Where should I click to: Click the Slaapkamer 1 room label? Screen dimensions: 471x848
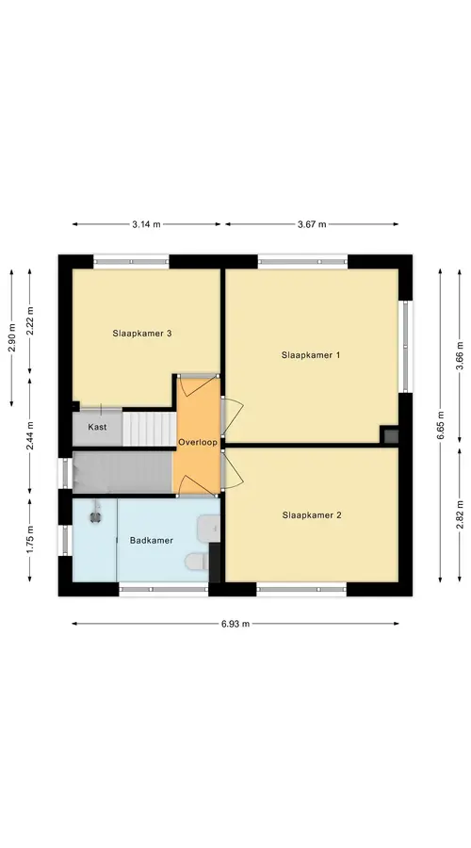(x=311, y=355)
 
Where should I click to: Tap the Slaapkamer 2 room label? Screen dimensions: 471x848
(x=312, y=515)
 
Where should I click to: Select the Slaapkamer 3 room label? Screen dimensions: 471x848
(x=142, y=334)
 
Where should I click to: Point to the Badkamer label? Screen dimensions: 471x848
(x=152, y=540)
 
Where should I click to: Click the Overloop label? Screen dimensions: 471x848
(x=198, y=443)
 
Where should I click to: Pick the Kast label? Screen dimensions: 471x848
(x=97, y=427)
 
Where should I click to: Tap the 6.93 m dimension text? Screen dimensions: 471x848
(x=235, y=624)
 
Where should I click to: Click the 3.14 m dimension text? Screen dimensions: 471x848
(x=146, y=224)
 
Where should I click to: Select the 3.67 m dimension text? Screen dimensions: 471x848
(x=312, y=224)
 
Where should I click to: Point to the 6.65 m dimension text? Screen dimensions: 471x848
(x=440, y=426)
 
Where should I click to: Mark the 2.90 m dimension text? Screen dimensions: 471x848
(x=11, y=337)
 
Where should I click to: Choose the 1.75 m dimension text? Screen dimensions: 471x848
(x=30, y=540)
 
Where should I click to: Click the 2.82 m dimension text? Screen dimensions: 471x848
(x=460, y=514)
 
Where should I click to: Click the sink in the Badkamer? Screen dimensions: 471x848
(x=209, y=528)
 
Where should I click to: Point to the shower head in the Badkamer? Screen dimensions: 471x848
(x=97, y=515)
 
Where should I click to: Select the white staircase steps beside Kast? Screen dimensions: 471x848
(x=149, y=429)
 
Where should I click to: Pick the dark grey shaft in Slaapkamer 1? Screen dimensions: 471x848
(x=390, y=435)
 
